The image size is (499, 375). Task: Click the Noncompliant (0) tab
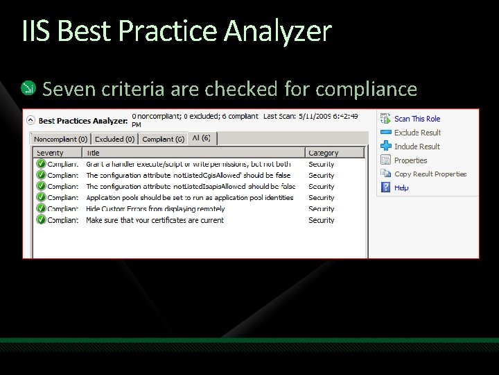61,140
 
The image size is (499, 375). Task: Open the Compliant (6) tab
163,140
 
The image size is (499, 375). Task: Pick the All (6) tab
202,138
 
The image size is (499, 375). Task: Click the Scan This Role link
417,119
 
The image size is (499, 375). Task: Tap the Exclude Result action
417,133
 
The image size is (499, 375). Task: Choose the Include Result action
417,147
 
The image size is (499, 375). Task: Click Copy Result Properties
430,174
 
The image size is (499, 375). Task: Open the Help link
401,187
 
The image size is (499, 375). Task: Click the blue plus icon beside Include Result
386,146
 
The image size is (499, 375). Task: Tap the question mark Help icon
386,187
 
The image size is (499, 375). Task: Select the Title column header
93,153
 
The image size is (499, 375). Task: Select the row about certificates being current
155,220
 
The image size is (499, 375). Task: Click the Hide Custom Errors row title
155,209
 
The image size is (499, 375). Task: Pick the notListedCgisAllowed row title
188,176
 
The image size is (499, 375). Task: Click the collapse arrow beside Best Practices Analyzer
31,120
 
